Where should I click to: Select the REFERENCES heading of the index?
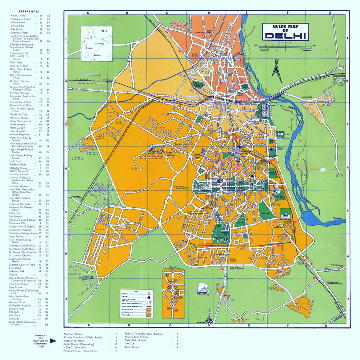[x=26, y=12]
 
